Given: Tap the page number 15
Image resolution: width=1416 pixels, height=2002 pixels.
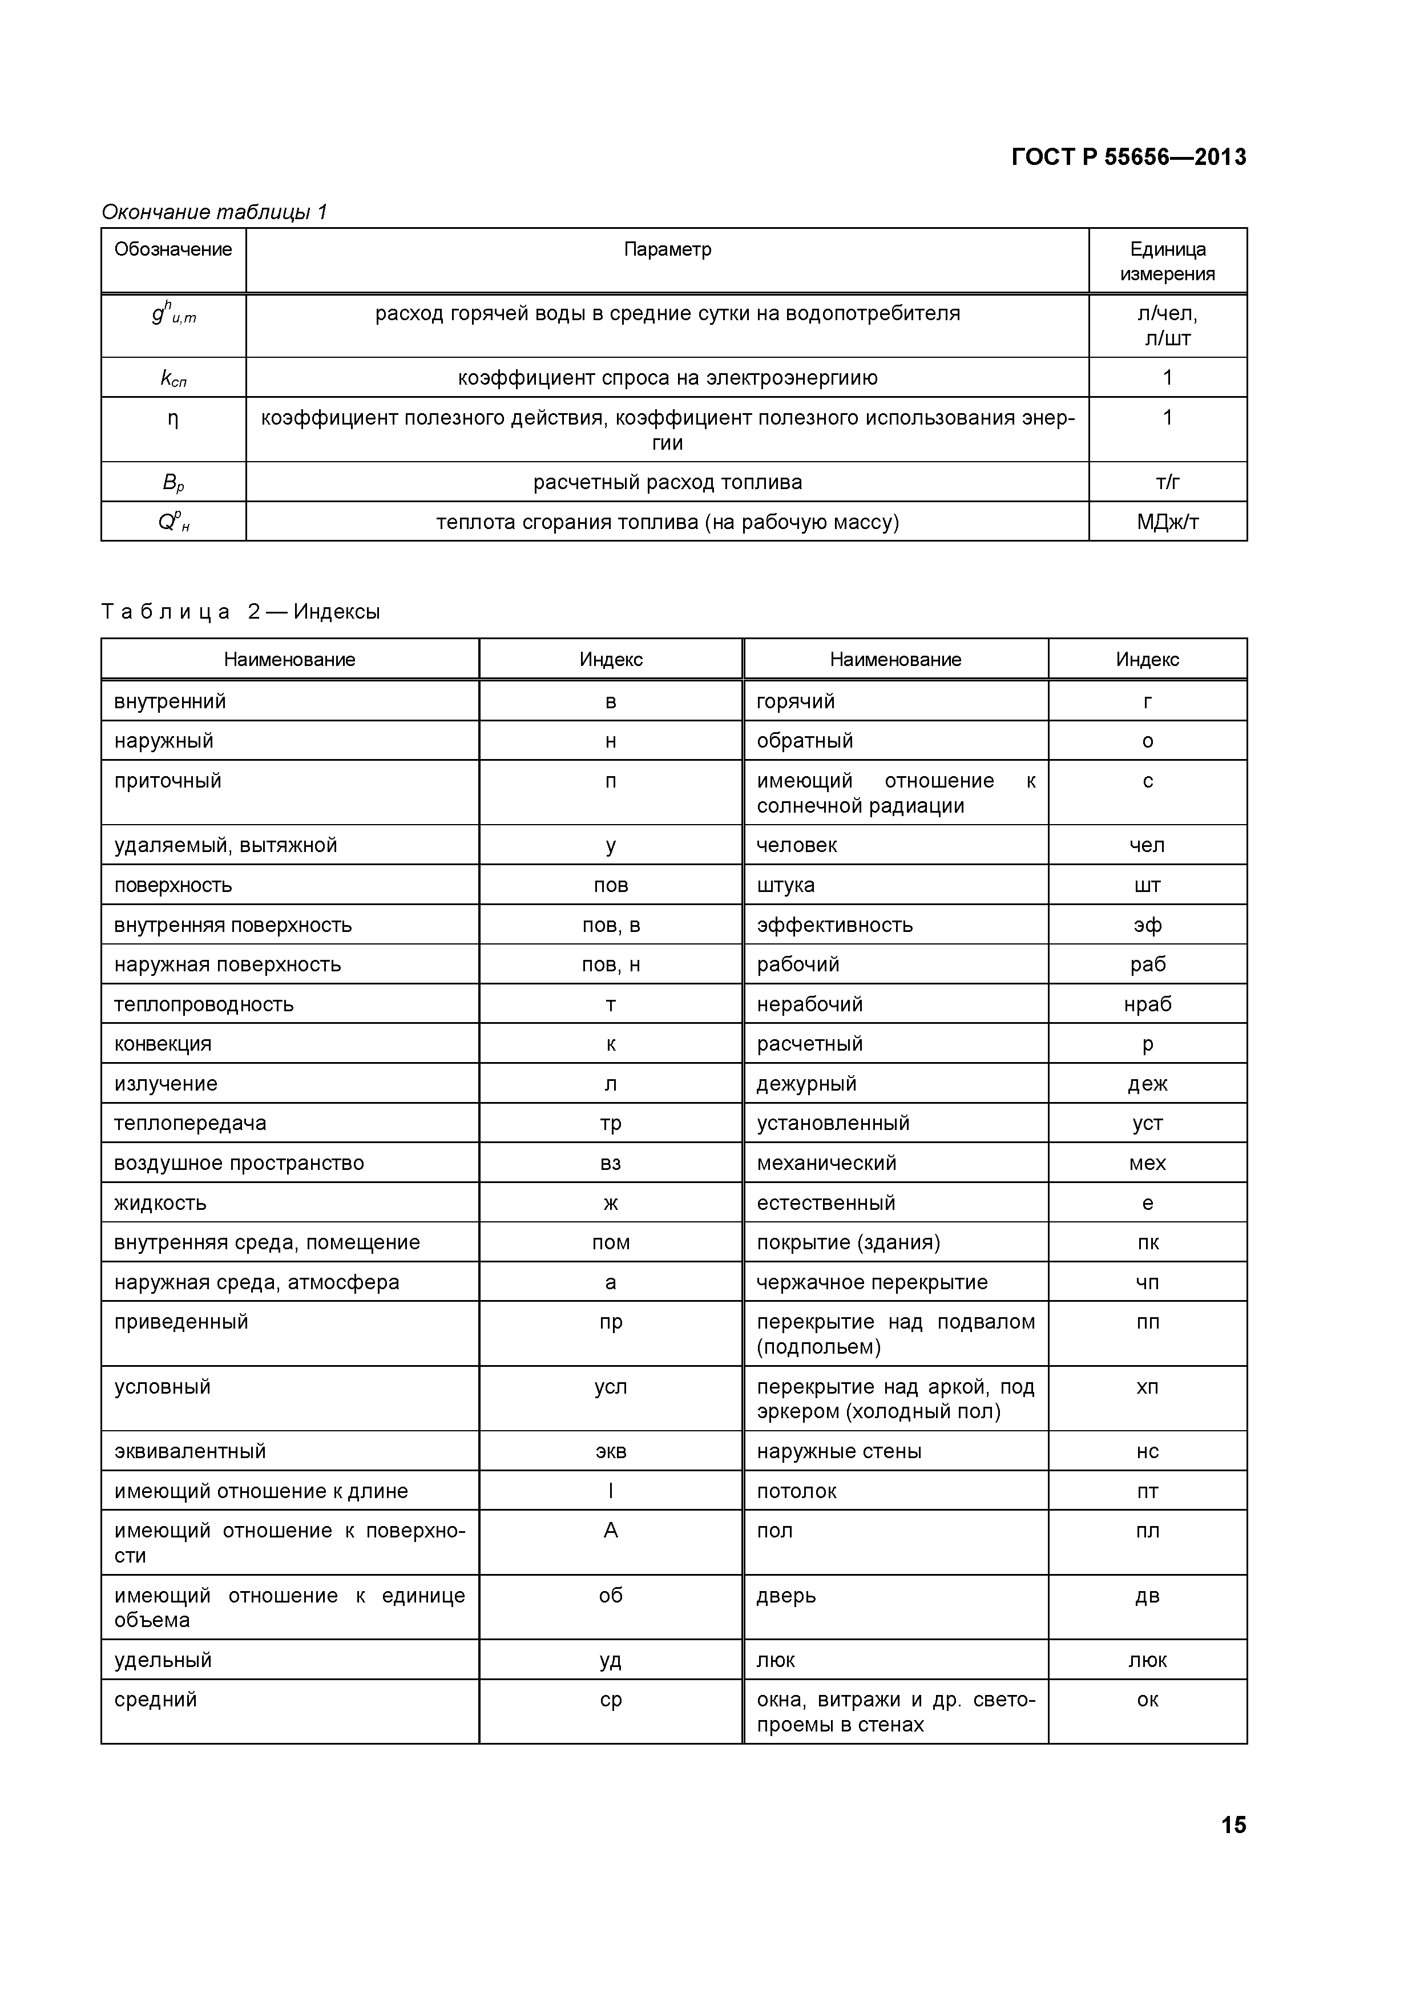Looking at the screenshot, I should coord(1233,1825).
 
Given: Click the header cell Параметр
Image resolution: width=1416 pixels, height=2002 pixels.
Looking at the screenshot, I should coord(667,249).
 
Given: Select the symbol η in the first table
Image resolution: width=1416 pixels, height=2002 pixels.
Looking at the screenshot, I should coord(172,419).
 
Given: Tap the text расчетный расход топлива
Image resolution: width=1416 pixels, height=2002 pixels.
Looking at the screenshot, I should coord(667,482).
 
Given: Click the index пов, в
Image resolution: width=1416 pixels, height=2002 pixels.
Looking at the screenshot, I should coord(610,925).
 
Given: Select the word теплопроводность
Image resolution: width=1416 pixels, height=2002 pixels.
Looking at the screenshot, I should coord(204,1004).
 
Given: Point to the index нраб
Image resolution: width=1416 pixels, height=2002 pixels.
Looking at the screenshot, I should coord(1147,1004).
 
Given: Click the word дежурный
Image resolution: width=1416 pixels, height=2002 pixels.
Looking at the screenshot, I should coord(806,1084).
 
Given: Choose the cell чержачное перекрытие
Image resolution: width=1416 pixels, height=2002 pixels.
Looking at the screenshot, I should coord(872,1283).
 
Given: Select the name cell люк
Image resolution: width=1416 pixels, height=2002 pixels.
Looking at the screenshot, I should coord(776,1660).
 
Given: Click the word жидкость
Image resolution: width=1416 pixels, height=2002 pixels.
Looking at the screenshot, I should coord(160,1203).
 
